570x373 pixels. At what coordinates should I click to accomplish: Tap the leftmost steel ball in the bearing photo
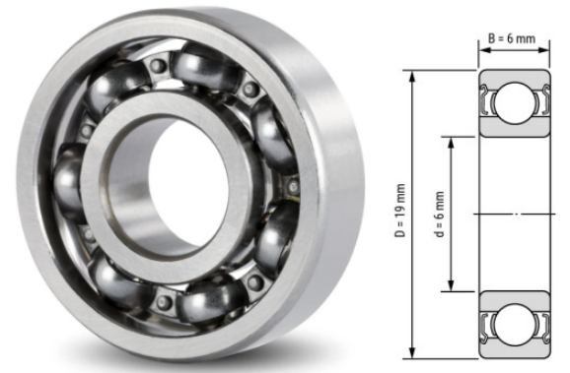coord(71,183)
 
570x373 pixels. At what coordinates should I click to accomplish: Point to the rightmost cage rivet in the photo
coord(292,183)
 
